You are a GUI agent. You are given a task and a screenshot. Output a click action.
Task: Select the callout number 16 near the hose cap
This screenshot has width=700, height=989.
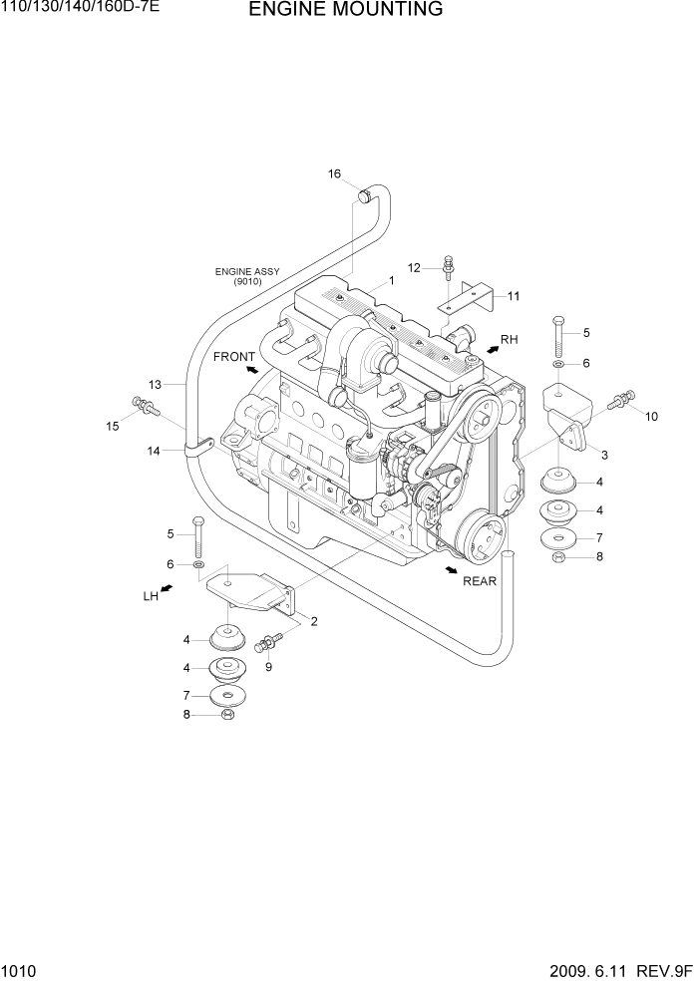coord(335,174)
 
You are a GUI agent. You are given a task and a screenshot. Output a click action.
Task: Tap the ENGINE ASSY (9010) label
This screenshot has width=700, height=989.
coord(247,276)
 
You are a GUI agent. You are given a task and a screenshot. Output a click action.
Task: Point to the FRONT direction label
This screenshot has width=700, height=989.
coord(234,357)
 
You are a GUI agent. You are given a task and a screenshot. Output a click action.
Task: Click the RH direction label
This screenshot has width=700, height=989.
coord(509,340)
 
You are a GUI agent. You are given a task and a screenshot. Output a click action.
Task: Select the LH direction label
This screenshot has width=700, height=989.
coord(151,596)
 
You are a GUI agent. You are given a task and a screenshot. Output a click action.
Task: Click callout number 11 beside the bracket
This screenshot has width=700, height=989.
coord(514,296)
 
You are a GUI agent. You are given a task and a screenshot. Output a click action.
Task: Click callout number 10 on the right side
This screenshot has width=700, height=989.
coord(651,417)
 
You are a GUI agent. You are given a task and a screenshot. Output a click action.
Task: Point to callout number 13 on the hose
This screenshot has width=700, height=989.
coord(155,384)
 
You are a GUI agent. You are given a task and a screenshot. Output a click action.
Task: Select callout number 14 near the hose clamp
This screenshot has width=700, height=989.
coord(155,451)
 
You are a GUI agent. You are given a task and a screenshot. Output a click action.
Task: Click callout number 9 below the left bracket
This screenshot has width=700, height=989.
coord(267,666)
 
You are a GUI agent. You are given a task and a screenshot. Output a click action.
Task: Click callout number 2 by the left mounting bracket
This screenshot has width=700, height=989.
coord(313,622)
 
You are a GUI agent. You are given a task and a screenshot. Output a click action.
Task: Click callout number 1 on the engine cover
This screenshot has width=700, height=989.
coord(392,281)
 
